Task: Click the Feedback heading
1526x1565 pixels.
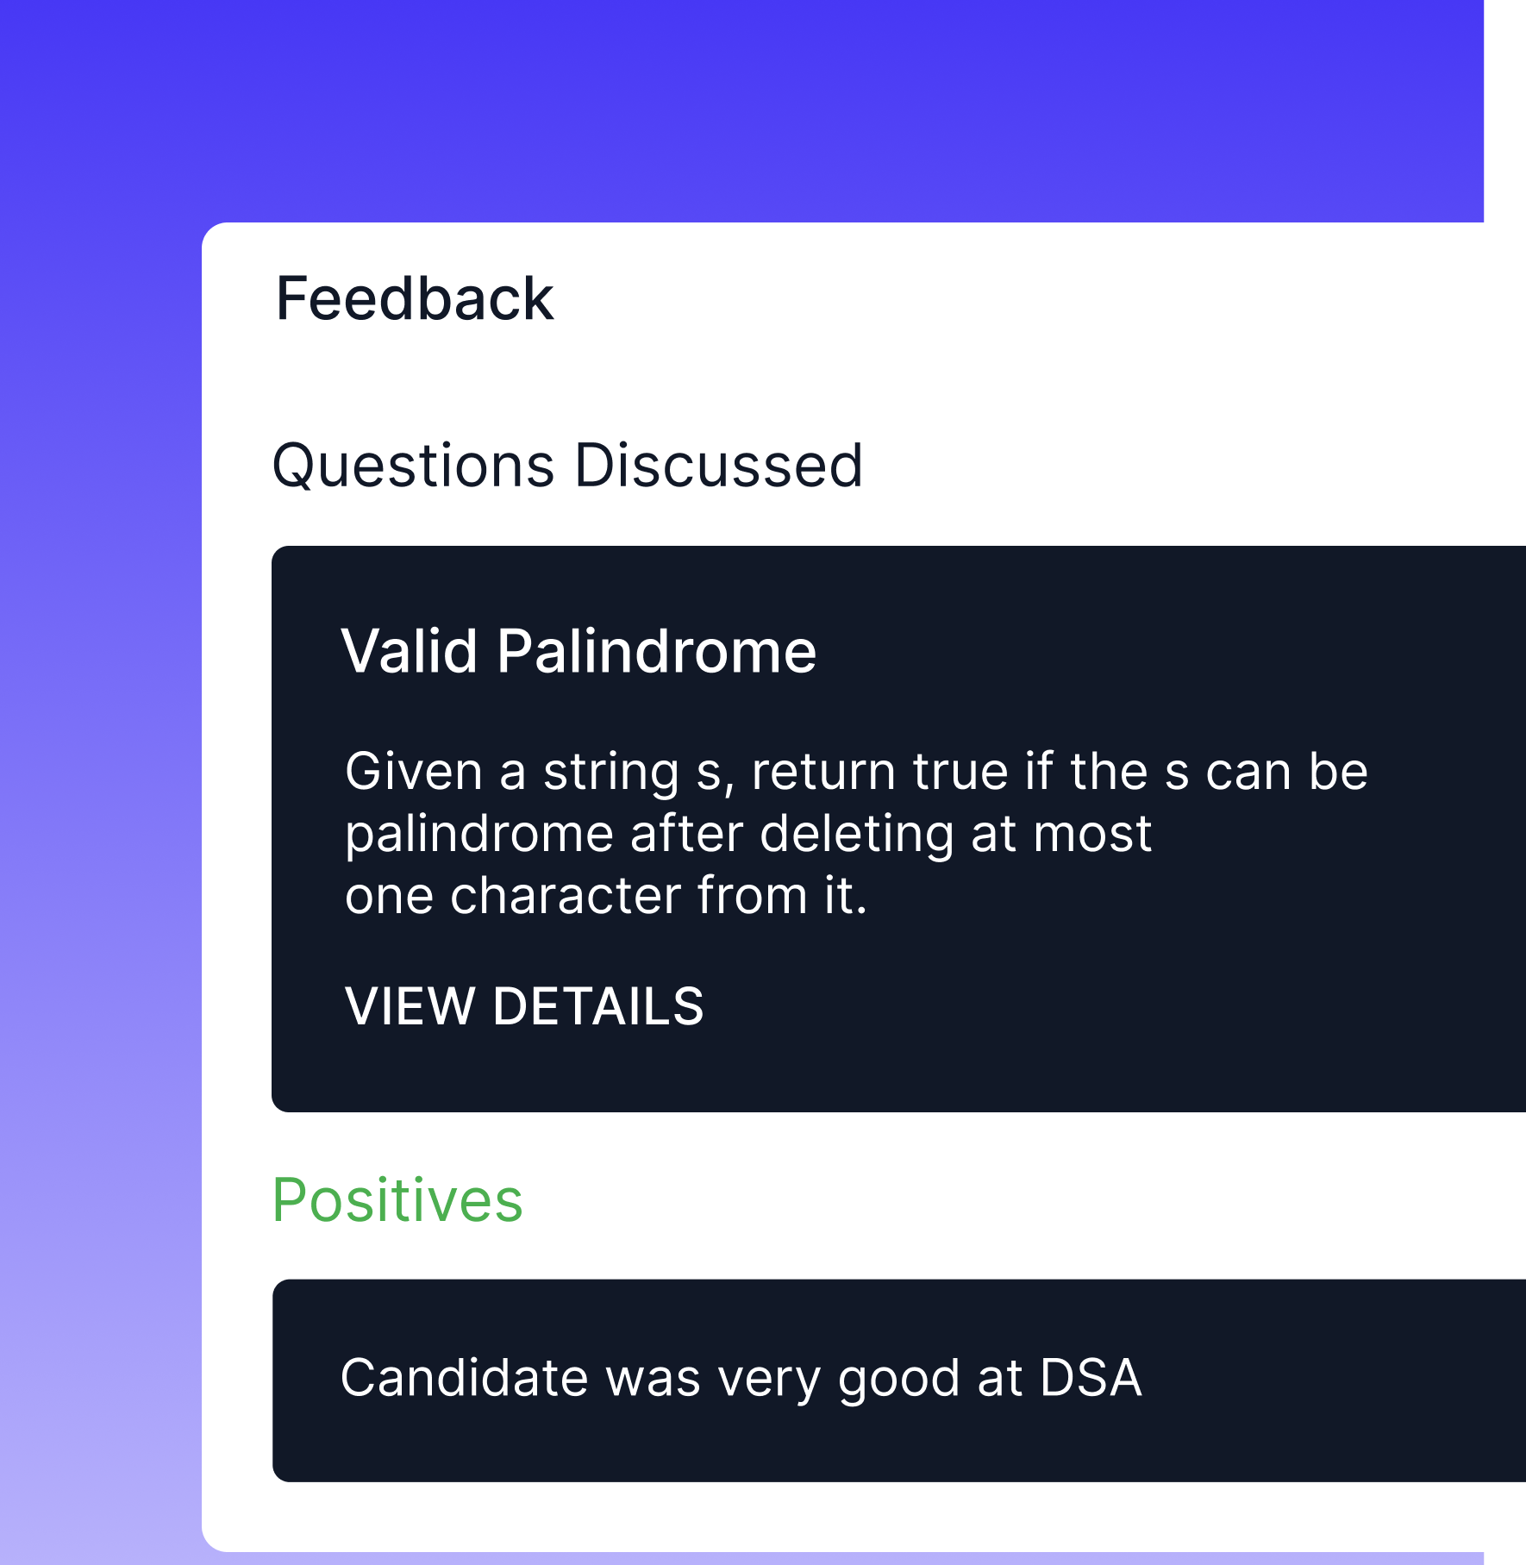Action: (x=414, y=299)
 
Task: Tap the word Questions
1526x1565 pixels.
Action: (x=413, y=466)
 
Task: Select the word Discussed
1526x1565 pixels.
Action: (x=718, y=466)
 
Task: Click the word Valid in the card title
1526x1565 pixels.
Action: (x=409, y=651)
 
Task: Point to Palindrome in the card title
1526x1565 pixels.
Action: (x=656, y=651)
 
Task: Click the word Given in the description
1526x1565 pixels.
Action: (x=413, y=771)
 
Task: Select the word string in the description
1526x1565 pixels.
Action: (x=611, y=773)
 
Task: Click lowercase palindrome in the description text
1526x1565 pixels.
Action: (x=478, y=835)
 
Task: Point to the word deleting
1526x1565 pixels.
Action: (x=856, y=835)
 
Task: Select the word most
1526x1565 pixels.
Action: (x=1092, y=835)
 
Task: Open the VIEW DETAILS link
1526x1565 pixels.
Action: (x=524, y=1006)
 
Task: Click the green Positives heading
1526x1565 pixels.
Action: (x=397, y=1200)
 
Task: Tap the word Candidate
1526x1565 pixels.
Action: (x=465, y=1377)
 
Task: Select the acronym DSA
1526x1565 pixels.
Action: (x=1091, y=1377)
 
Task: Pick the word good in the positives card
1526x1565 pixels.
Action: (x=898, y=1379)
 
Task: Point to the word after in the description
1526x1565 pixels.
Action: (x=686, y=835)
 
